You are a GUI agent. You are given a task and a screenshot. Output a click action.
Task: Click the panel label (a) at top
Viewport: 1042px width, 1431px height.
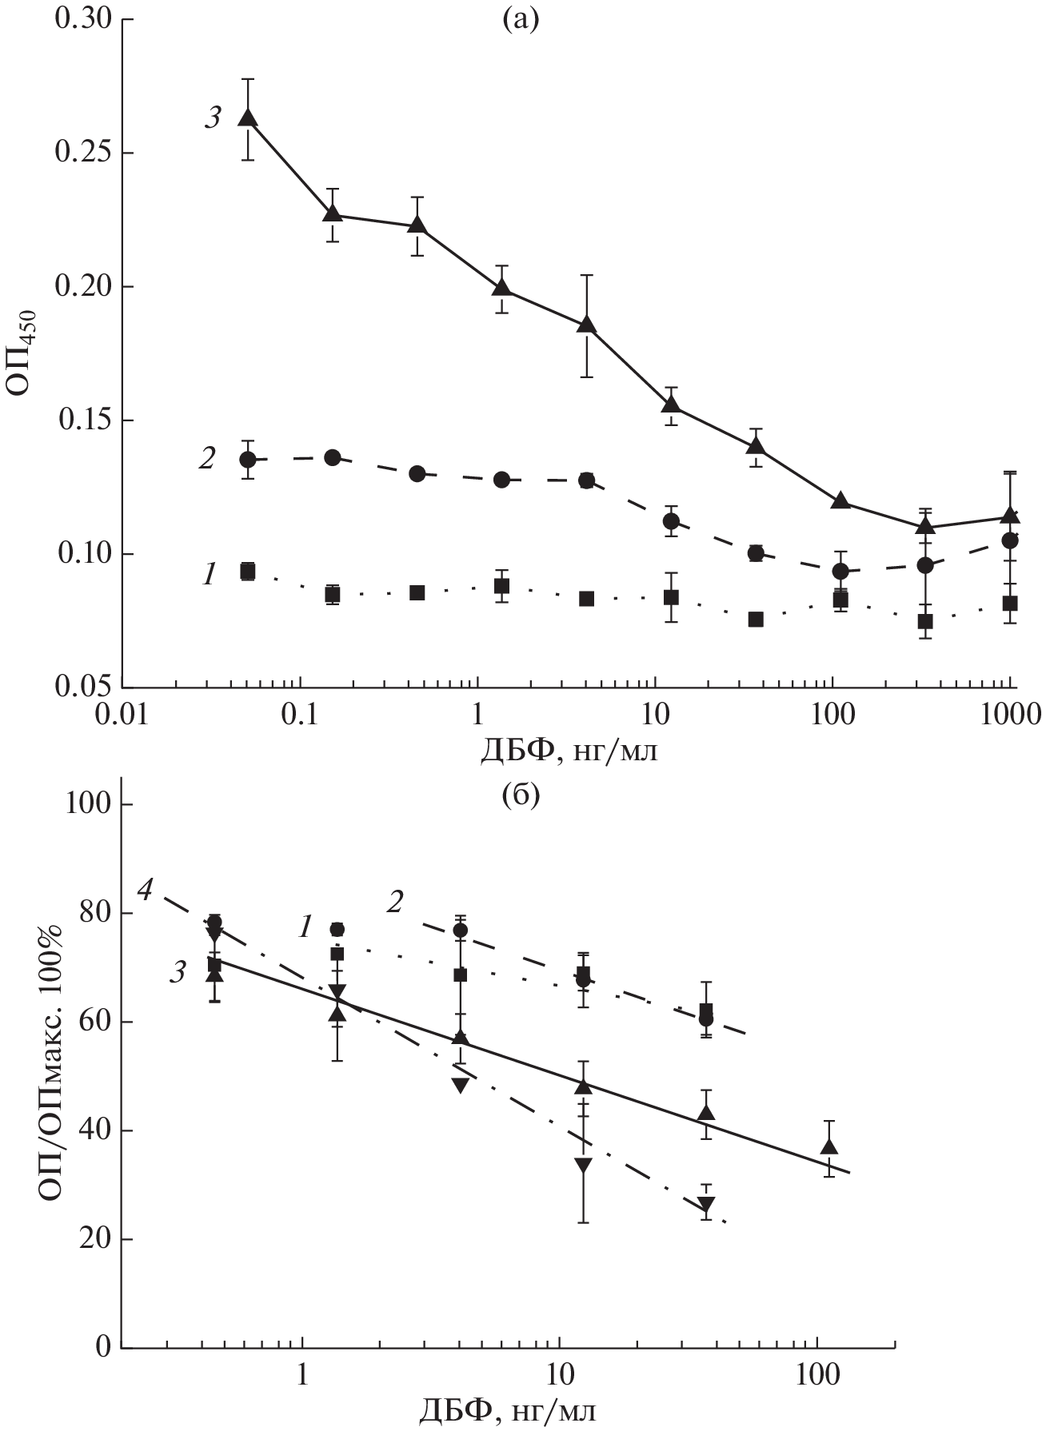pos(521,18)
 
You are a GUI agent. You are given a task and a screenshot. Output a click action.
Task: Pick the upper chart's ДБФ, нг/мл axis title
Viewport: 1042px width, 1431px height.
pos(569,751)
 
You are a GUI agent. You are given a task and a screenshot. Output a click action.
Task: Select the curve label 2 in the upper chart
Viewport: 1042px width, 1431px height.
pos(208,460)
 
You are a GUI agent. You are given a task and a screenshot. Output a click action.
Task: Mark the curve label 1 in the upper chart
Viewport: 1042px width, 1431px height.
pos(209,573)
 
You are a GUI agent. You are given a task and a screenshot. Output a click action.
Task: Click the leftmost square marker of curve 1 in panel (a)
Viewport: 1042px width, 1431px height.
pos(248,571)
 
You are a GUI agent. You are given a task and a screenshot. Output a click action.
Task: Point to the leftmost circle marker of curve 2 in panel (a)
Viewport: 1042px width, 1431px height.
pos(248,459)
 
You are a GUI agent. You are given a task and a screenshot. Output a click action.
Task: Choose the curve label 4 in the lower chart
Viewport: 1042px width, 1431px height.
pos(145,888)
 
